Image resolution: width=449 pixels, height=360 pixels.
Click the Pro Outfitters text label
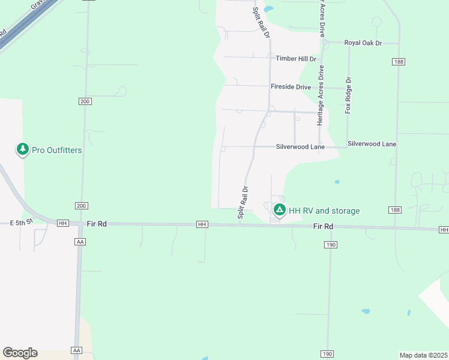57,150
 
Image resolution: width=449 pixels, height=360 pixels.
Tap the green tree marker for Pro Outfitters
23,149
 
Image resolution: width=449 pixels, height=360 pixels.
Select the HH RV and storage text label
324,211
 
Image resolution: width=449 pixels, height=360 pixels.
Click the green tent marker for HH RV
279,210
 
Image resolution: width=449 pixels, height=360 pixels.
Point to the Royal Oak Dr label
363,43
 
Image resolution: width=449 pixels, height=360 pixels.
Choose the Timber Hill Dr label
296,59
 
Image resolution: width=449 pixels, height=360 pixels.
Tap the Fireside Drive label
291,87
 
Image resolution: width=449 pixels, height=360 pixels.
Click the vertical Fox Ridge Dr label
348,95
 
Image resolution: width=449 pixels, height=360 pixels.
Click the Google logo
20,353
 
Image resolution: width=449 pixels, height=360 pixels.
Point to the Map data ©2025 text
424,355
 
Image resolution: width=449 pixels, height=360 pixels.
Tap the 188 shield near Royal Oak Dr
398,62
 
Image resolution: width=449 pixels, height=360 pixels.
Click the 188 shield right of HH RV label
394,209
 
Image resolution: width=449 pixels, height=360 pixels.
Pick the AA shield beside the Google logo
76,350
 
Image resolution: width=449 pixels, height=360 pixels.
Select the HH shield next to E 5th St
62,223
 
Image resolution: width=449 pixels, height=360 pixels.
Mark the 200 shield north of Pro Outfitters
85,101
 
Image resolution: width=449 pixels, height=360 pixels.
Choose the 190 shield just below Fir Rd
331,245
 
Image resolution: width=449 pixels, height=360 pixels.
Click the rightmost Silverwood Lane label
372,144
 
